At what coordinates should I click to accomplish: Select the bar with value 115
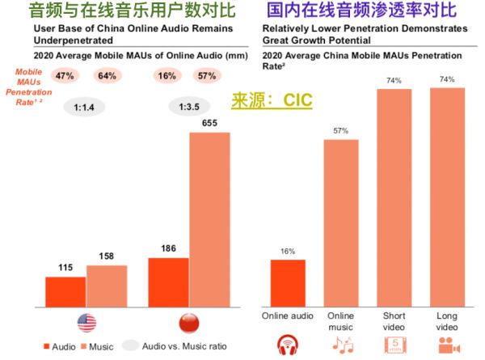click(65, 288)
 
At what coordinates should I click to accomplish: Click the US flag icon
click(86, 321)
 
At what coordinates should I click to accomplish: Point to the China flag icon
click(188, 321)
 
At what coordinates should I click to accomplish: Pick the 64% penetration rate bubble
click(106, 76)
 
